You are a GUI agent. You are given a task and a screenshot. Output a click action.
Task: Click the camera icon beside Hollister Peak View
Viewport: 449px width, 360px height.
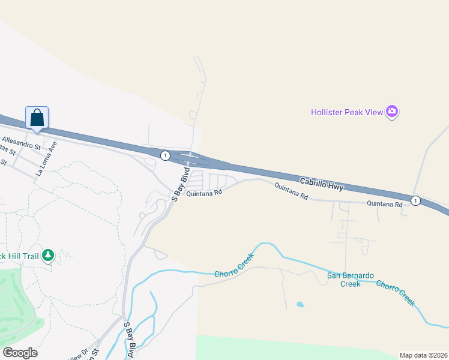click(393, 112)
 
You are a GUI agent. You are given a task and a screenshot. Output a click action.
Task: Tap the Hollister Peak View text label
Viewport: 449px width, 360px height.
click(347, 112)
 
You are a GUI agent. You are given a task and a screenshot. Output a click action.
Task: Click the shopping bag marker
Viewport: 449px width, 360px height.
click(37, 118)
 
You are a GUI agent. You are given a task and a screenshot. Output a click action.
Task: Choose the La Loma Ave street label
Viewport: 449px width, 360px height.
click(47, 159)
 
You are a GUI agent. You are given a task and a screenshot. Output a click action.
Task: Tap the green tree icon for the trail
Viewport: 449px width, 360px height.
click(48, 256)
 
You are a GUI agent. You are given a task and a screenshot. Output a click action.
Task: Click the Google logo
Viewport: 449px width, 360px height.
click(20, 353)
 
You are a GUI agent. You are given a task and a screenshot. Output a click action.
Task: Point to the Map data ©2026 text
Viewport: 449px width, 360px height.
click(424, 355)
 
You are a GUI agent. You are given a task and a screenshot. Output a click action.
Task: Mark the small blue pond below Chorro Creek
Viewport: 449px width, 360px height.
click(300, 304)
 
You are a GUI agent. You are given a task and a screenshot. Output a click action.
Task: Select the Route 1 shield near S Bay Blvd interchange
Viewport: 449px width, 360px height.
click(164, 155)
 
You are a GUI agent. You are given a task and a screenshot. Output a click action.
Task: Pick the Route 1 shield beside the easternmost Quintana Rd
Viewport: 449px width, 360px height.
click(415, 200)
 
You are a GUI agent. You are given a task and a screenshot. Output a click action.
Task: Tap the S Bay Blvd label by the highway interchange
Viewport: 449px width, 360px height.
click(181, 185)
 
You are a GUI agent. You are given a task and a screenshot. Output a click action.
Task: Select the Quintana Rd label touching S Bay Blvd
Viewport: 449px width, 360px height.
click(204, 193)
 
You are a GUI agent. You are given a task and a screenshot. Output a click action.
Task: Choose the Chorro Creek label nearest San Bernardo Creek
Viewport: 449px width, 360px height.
click(396, 291)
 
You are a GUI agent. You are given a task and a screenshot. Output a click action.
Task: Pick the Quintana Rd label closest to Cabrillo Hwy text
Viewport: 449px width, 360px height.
click(291, 191)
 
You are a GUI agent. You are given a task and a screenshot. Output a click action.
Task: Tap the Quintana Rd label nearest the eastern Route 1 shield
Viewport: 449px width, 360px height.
click(384, 204)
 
